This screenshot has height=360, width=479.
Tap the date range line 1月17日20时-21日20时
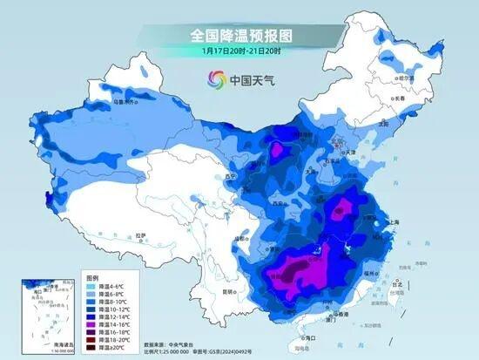point(240,51)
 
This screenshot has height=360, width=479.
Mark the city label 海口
point(300,336)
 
